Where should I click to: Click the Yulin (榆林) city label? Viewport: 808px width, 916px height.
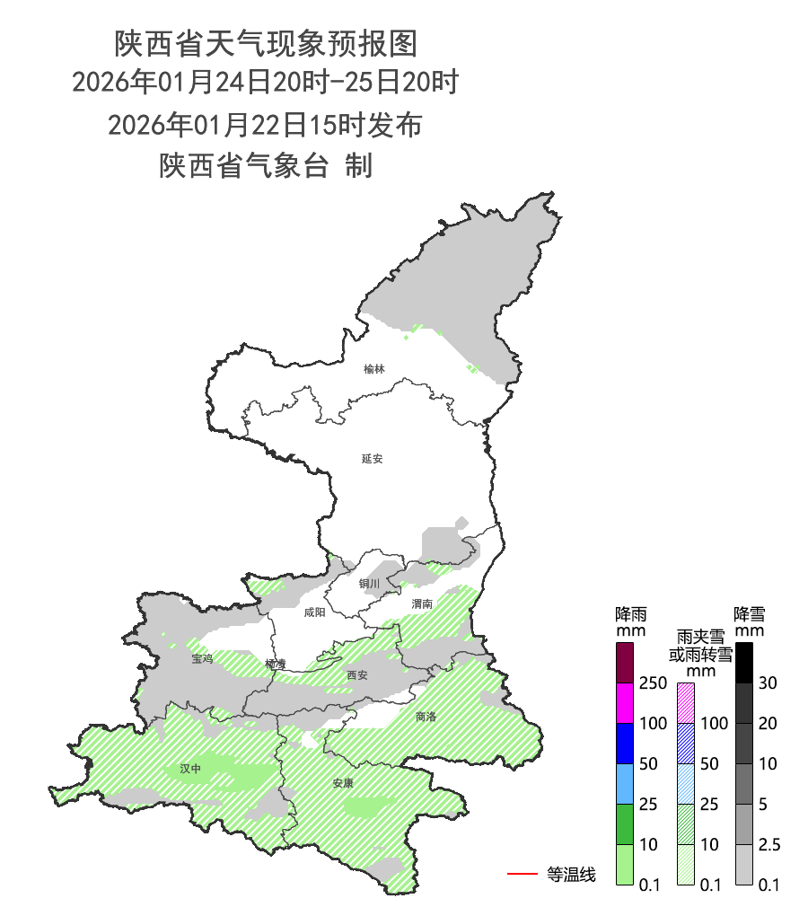pyautogui.click(x=373, y=369)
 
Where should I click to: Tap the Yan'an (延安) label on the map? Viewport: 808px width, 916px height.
pyautogui.click(x=372, y=458)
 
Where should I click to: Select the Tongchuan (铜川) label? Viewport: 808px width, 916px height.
pyautogui.click(x=369, y=584)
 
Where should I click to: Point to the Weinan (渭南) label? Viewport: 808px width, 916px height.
pyautogui.click(x=422, y=603)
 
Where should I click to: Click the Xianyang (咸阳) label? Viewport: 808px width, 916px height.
pyautogui.click(x=315, y=612)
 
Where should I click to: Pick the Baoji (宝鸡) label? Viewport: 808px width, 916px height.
pyautogui.click(x=202, y=659)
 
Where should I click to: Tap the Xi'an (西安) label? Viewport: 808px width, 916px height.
pyautogui.click(x=356, y=674)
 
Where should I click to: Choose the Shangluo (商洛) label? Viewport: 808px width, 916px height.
pyautogui.click(x=426, y=717)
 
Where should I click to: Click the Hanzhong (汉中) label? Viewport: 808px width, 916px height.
pyautogui.click(x=190, y=769)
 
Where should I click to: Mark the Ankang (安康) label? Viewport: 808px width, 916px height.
pyautogui.click(x=343, y=783)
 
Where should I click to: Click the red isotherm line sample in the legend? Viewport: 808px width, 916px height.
pyautogui.click(x=522, y=873)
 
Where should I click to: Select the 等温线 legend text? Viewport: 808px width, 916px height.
pyautogui.click(x=571, y=874)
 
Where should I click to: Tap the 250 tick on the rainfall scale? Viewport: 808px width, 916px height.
pyautogui.click(x=652, y=683)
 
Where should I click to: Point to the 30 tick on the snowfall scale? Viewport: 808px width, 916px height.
pyautogui.click(x=766, y=683)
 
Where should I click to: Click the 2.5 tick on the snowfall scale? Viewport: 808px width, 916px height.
pyautogui.click(x=768, y=845)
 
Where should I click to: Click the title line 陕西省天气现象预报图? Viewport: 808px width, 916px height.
pyautogui.click(x=266, y=41)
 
